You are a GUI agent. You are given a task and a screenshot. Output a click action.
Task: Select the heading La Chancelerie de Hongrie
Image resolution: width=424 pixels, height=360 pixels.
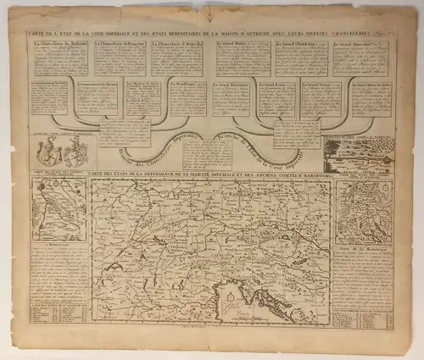point(118,42)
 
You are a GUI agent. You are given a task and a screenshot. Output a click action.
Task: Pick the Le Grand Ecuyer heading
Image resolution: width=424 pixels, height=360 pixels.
point(280,86)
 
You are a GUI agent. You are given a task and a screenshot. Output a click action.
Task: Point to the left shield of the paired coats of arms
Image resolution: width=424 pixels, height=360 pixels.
point(51,151)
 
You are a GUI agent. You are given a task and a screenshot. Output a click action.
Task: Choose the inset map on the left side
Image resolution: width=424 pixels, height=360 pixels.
point(57,210)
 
